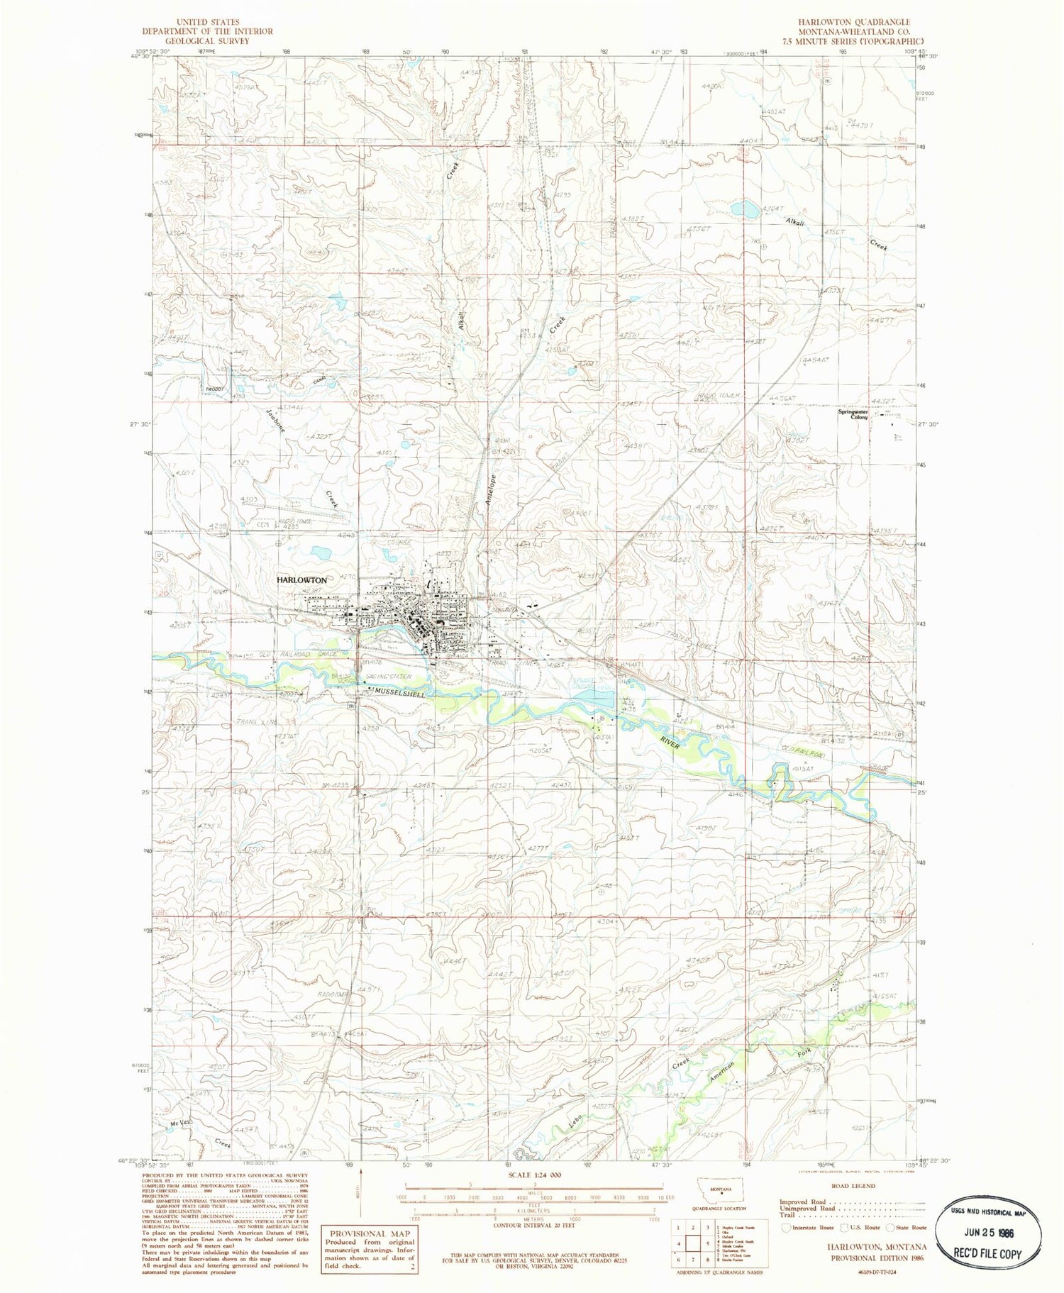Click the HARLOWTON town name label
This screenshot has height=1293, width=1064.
tap(301, 580)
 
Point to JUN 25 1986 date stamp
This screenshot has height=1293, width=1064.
tap(989, 1239)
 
